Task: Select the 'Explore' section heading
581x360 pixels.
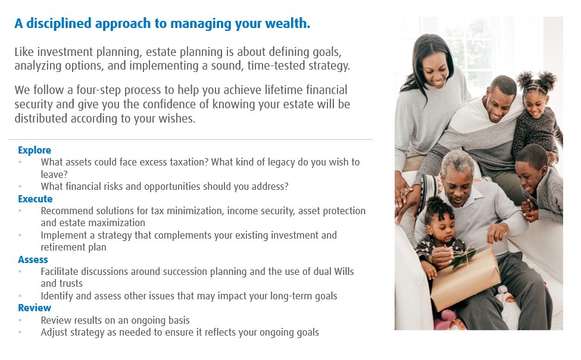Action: [x=35, y=151]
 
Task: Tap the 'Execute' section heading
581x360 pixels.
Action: [x=35, y=199]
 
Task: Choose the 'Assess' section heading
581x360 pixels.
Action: [x=33, y=259]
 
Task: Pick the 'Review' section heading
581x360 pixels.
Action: [x=35, y=308]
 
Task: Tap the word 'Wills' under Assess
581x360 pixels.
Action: [x=344, y=271]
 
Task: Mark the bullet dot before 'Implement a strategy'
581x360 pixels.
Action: [x=20, y=235]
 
